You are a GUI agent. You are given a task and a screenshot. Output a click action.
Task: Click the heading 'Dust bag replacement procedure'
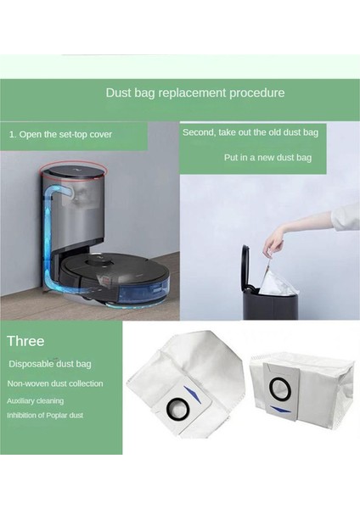[194, 92]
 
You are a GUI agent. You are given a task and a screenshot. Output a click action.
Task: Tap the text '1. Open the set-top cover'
[60, 134]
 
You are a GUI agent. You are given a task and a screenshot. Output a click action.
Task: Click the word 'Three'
[25, 341]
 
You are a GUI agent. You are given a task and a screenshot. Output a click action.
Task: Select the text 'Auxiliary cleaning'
[34, 400]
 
